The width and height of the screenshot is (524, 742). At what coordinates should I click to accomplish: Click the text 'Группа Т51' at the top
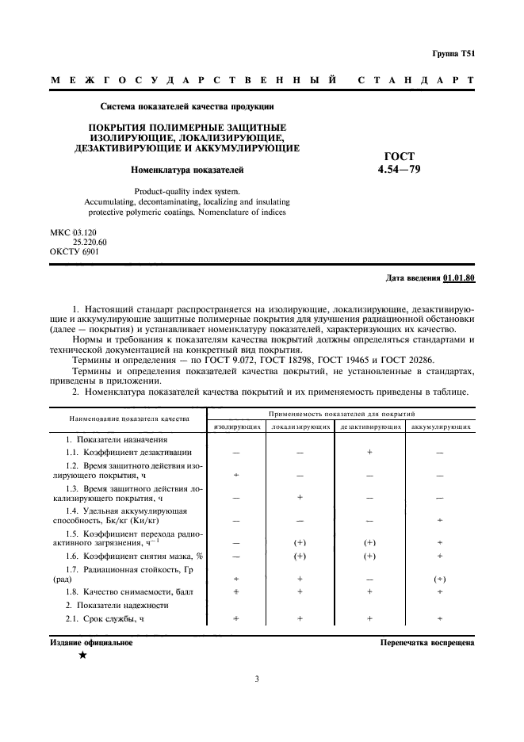pos(453,53)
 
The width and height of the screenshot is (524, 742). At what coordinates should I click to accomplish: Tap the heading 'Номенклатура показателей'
pos(187,169)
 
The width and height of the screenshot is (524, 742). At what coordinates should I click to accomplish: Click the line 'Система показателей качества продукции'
pos(187,106)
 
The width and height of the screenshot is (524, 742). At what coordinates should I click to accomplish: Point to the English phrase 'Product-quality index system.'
pos(187,191)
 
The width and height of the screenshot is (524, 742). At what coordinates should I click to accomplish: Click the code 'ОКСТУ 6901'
pos(75,252)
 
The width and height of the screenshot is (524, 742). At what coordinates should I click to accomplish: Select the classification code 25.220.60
pos(90,242)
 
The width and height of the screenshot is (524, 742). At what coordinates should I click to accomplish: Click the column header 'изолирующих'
pos(237,426)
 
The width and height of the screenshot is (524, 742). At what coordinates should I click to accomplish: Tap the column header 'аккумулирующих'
pos(442,426)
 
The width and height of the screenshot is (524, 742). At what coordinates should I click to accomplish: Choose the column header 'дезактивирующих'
pos(369,426)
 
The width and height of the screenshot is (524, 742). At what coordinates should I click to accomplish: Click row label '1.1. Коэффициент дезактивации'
pos(128,451)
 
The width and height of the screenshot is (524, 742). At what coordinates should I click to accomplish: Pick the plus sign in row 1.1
pos(369,451)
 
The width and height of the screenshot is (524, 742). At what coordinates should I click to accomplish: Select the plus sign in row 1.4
pos(441,521)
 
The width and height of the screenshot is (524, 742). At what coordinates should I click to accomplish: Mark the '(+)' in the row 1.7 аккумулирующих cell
pos(441,579)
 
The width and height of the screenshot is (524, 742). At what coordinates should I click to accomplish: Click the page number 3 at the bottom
pos(258,679)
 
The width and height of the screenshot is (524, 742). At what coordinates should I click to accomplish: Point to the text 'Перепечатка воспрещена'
pos(427,643)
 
